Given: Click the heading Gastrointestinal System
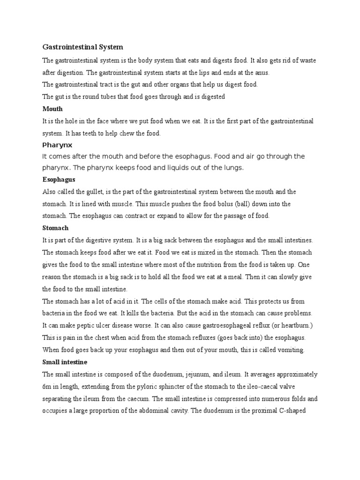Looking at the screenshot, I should (x=82, y=47).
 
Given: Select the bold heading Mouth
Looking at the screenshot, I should (x=52, y=109).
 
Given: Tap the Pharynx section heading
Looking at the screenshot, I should (x=57, y=145).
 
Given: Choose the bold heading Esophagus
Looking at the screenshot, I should (x=59, y=180).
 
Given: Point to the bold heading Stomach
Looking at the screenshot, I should (x=55, y=228).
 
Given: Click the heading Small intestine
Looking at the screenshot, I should (x=65, y=362).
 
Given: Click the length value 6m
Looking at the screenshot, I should (x=47, y=387).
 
